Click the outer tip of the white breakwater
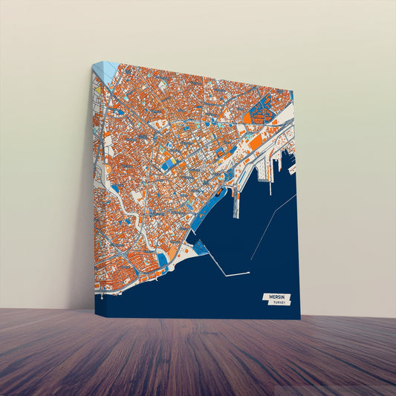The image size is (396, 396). [249, 273]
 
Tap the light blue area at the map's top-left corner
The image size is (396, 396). [108, 71]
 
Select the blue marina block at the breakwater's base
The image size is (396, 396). [201, 248]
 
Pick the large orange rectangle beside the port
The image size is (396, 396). [255, 142]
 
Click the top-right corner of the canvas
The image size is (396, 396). [293, 91]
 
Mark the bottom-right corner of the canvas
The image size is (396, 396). [301, 319]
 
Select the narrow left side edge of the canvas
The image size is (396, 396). [93, 186]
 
